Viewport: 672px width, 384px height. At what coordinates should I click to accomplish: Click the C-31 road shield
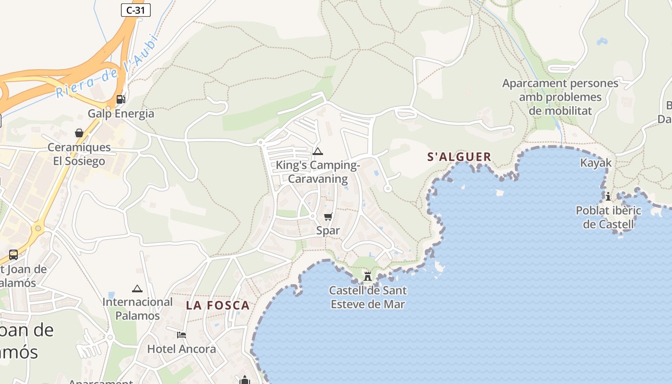(136, 10)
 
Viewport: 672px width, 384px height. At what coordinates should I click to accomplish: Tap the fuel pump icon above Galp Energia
(120, 99)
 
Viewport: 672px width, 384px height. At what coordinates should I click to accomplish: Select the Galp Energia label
(121, 114)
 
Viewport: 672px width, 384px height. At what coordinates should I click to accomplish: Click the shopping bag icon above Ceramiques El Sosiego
(79, 133)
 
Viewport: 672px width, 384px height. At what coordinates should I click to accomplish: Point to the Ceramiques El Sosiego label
(79, 154)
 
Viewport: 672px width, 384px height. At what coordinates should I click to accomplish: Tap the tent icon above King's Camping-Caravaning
(318, 152)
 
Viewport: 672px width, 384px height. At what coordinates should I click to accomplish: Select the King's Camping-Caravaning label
(318, 172)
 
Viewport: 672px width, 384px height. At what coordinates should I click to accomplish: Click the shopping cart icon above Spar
(328, 217)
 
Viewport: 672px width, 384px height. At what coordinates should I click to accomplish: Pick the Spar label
(328, 231)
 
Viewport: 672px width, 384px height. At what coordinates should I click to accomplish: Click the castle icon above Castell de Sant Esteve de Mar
(368, 276)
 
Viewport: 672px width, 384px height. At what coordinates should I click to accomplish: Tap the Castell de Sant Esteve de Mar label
(368, 297)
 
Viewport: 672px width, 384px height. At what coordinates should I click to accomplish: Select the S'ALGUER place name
(459, 157)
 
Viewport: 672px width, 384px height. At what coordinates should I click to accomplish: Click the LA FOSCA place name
(218, 305)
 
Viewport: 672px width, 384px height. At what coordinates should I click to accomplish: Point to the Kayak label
(596, 163)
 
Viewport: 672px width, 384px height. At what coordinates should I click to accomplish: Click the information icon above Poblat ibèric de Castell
(608, 196)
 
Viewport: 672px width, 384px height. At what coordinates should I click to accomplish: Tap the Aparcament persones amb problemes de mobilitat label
(560, 97)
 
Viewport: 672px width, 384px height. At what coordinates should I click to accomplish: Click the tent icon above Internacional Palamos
(137, 288)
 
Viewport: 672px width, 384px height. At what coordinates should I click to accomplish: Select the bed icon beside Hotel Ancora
(181, 335)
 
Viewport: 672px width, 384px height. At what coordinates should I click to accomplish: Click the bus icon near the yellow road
(13, 255)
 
